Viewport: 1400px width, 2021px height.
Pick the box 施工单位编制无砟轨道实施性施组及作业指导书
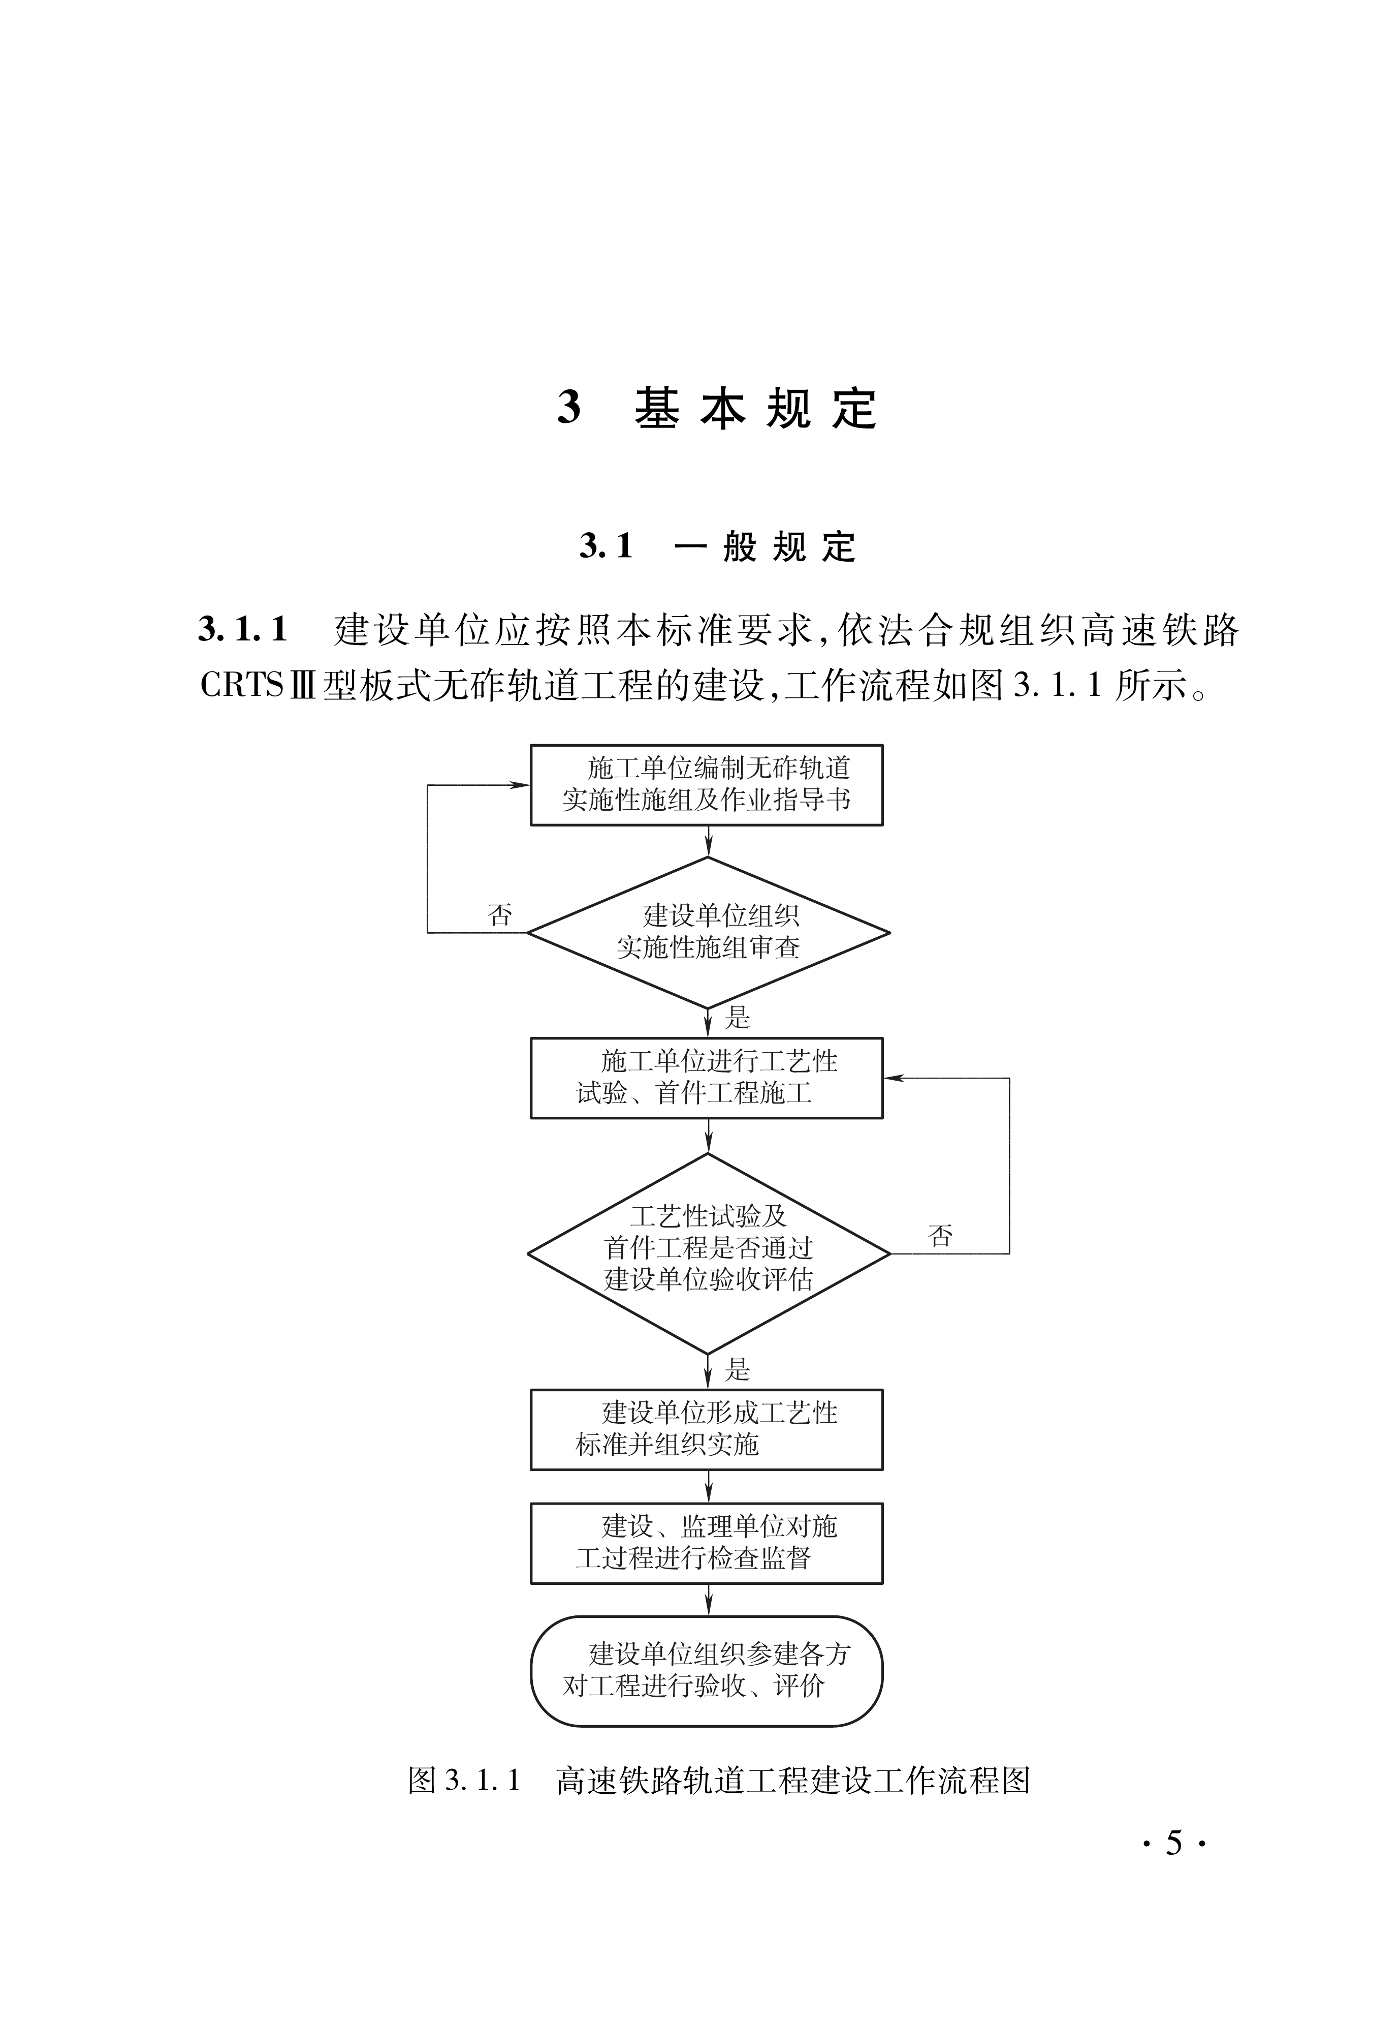pos(706,784)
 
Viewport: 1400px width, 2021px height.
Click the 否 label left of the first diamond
pos(500,915)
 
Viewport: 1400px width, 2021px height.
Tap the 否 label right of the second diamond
pos(940,1237)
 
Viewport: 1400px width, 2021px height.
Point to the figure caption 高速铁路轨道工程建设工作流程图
pos(792,1780)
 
